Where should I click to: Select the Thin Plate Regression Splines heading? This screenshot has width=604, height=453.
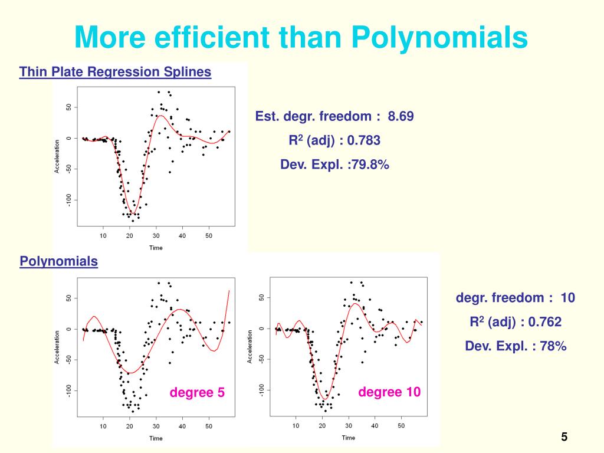[115, 72]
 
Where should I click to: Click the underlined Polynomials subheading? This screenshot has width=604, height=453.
[59, 261]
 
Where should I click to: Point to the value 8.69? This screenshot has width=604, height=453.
[401, 116]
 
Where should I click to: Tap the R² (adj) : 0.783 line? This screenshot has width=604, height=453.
[334, 140]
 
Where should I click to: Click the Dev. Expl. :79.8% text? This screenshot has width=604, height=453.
[334, 165]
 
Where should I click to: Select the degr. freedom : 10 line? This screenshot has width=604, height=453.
[515, 297]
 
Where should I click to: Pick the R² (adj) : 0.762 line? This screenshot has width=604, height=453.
[515, 321]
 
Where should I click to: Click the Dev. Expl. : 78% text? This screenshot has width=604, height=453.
[516, 346]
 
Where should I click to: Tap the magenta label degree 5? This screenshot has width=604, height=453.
[198, 392]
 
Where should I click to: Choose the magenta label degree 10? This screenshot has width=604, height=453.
[389, 392]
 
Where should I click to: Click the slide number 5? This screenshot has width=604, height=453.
[564, 437]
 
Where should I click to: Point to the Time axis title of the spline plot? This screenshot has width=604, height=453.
[156, 248]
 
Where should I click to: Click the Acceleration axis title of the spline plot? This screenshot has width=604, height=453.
[57, 156]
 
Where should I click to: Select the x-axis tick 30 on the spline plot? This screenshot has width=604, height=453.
[156, 236]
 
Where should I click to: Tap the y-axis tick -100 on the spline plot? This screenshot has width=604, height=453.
[69, 201]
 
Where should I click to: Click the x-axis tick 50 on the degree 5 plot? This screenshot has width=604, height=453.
[209, 426]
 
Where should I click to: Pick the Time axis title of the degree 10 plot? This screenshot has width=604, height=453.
[349, 438]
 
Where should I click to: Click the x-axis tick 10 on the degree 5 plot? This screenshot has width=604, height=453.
[103, 426]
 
